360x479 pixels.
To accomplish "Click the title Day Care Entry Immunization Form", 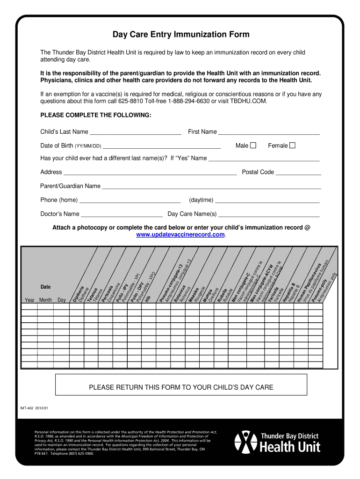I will (x=180, y=35).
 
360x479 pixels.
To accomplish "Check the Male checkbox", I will (x=253, y=145).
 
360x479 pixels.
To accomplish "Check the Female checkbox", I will (x=293, y=145).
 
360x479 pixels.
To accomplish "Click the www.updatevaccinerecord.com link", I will (x=180, y=234).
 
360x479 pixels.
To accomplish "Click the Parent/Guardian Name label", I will (x=70, y=186).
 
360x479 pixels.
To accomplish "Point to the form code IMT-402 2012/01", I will (x=34, y=408).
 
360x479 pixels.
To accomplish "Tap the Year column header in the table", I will (x=29, y=300).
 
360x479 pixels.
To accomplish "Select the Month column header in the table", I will (x=46, y=300).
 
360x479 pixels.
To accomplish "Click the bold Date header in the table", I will (x=45, y=286).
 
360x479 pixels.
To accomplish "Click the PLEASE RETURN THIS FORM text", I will (x=181, y=387).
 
